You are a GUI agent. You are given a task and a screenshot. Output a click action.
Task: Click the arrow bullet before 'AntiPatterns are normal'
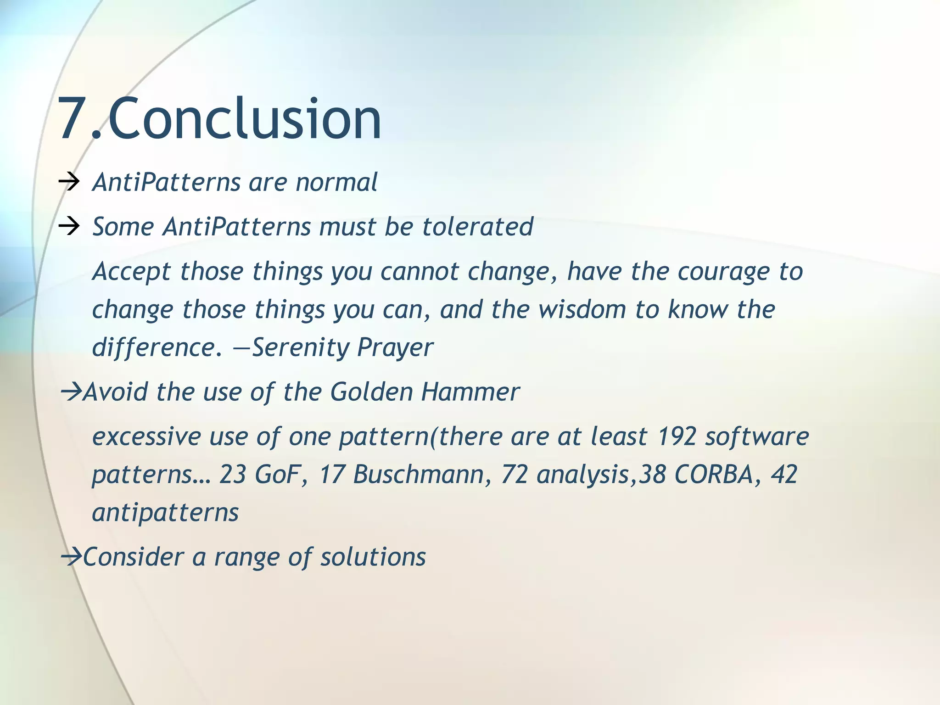[69, 183]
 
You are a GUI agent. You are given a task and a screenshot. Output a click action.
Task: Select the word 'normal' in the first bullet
[336, 183]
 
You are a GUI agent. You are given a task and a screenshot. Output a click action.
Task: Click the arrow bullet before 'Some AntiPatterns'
[69, 227]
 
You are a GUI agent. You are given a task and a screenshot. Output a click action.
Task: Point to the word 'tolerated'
[477, 227]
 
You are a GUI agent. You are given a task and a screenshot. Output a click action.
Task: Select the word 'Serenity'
[301, 347]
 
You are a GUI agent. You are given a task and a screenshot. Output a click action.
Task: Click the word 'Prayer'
[395, 347]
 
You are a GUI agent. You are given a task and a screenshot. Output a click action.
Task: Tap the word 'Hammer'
[470, 392]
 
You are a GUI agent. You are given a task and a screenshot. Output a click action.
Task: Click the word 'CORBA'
[714, 475]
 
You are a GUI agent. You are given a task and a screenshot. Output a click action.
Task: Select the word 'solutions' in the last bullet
[373, 557]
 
